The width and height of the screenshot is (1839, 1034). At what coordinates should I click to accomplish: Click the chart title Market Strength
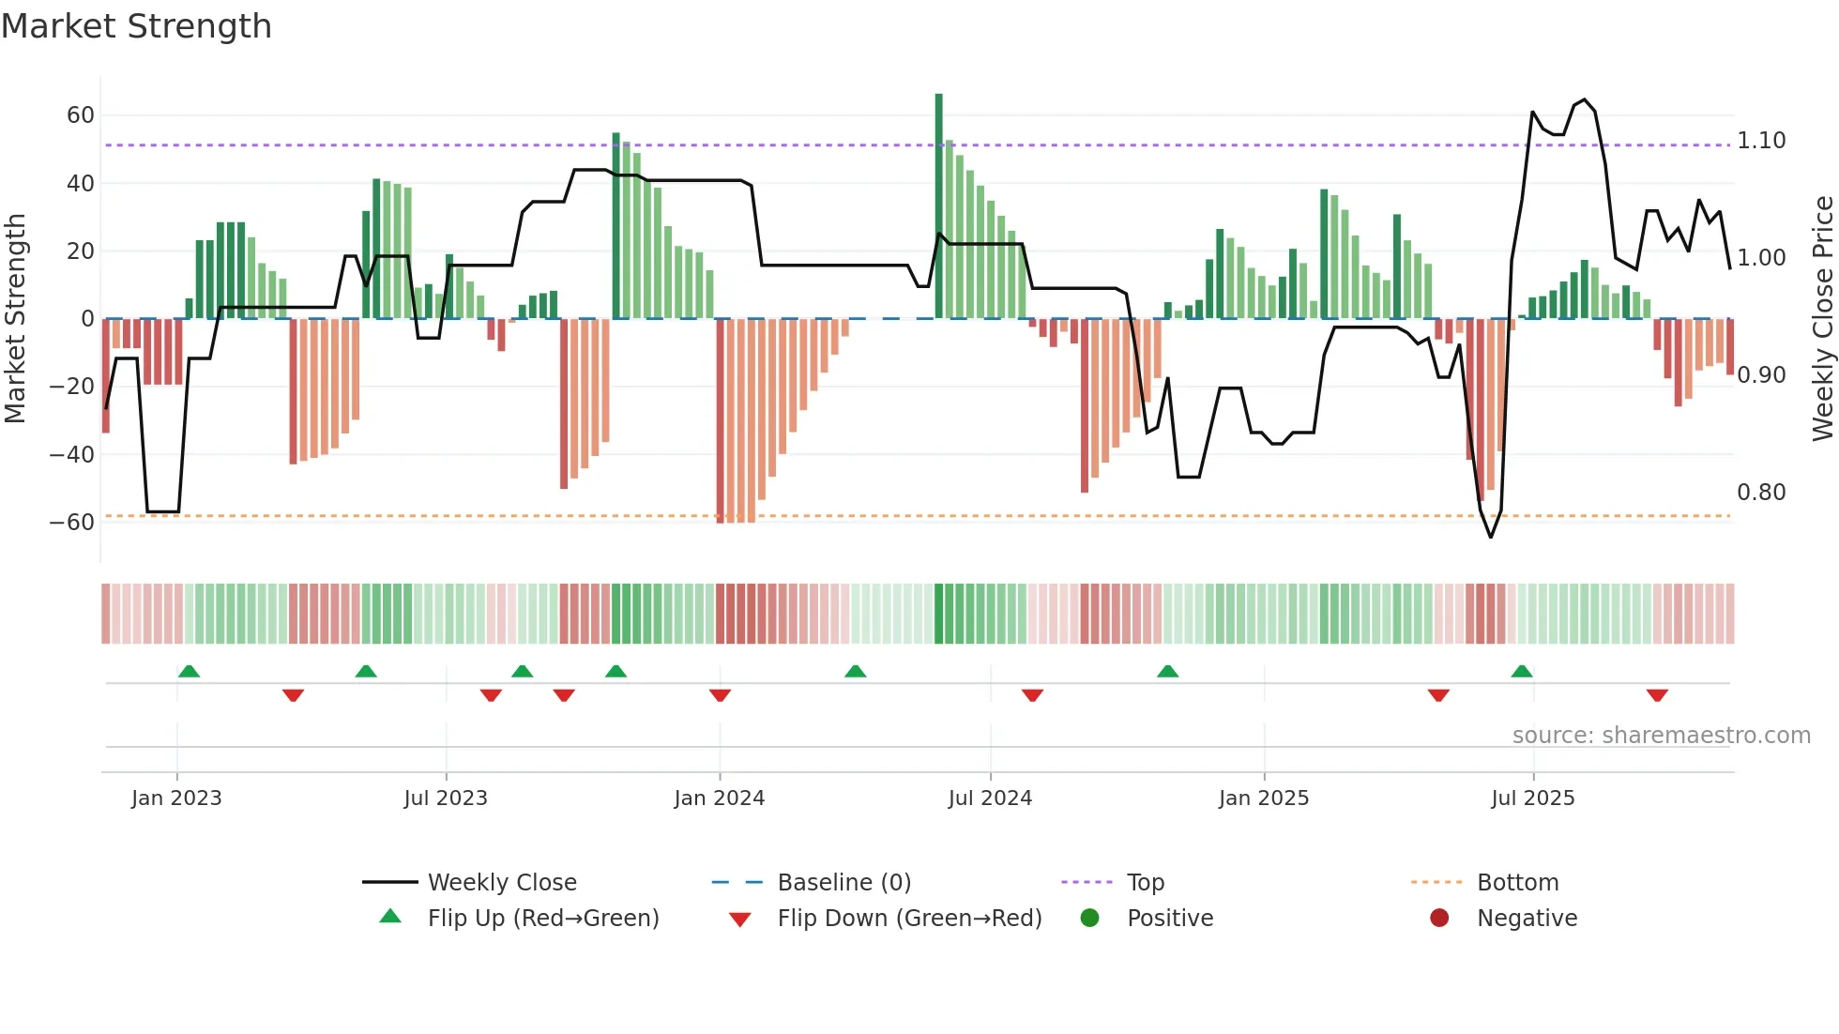tap(136, 26)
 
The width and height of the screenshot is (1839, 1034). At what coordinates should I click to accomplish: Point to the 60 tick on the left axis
tap(80, 115)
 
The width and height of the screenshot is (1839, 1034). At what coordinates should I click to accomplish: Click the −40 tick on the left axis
tap(72, 455)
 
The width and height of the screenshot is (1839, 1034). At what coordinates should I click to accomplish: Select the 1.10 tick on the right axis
tap(1761, 141)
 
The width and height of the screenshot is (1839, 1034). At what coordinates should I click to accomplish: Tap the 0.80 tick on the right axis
tap(1761, 493)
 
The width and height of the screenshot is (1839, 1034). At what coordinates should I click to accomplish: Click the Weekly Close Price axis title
tap(1822, 319)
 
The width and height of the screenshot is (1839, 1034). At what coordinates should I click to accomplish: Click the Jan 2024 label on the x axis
tap(719, 798)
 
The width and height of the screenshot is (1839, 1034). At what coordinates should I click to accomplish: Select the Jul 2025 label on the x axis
tap(1532, 798)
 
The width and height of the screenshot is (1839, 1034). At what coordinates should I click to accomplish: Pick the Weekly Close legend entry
tap(501, 883)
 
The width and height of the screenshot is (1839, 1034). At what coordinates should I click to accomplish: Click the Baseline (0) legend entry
tap(844, 883)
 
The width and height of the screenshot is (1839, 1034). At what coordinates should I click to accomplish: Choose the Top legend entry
tap(1145, 883)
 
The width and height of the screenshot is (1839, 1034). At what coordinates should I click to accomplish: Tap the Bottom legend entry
tap(1517, 883)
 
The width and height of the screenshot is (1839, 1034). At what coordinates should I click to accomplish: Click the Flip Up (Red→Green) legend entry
tap(542, 919)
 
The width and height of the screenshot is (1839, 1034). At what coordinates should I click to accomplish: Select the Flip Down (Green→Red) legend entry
tap(908, 919)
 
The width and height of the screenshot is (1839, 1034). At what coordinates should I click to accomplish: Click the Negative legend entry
tap(1527, 919)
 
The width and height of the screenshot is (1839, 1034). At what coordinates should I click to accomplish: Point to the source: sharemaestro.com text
tap(1661, 736)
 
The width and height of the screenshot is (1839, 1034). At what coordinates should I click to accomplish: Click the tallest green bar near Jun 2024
tap(938, 206)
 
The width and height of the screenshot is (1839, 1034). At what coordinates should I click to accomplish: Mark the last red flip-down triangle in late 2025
tap(1657, 695)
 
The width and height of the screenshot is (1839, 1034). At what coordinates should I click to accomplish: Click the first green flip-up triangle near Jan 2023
tap(189, 671)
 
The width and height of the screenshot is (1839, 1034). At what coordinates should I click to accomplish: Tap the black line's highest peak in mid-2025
tap(1585, 99)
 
